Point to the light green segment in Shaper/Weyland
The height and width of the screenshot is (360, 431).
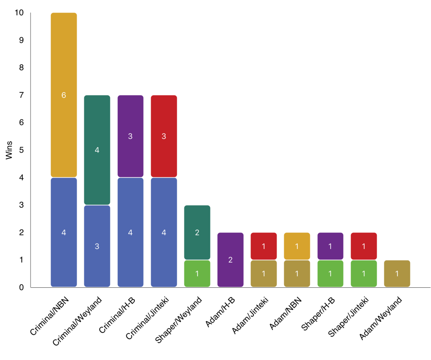click(x=197, y=273)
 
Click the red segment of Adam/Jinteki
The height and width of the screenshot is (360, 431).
click(x=263, y=246)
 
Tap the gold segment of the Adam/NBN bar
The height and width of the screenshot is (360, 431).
click(x=297, y=246)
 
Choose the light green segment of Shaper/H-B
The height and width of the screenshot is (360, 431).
click(x=330, y=273)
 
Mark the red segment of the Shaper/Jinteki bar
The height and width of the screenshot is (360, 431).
click(x=363, y=246)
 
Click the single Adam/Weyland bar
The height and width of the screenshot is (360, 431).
click(x=397, y=273)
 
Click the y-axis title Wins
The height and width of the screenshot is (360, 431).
click(x=9, y=150)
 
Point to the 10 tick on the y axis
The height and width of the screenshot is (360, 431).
click(x=19, y=13)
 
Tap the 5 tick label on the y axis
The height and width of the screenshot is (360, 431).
click(x=21, y=150)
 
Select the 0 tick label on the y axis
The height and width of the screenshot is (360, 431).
click(x=21, y=287)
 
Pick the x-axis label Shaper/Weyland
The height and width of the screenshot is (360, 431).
click(x=179, y=320)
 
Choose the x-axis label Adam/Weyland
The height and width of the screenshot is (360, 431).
click(x=381, y=318)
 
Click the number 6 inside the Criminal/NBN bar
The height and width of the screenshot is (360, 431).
click(x=64, y=95)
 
